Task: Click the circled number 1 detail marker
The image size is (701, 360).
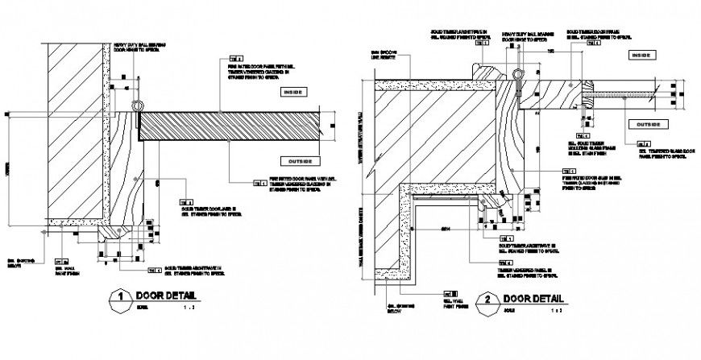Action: click(x=120, y=296)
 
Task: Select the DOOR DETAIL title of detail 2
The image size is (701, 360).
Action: click(x=531, y=300)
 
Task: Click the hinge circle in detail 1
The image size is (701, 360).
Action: click(x=138, y=106)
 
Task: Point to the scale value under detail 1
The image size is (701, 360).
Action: click(x=185, y=307)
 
